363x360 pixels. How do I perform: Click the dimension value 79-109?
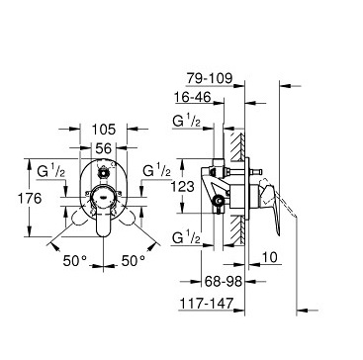[x=210, y=78]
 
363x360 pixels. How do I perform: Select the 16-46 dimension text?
[x=193, y=97]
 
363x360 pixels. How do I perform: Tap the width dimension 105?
[x=104, y=130]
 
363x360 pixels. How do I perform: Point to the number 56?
[x=104, y=148]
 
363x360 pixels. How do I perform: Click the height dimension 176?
[x=30, y=199]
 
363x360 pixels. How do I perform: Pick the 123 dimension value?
[x=183, y=187]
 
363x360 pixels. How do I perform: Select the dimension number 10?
[x=270, y=257]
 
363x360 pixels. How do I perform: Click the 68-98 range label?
[x=224, y=281]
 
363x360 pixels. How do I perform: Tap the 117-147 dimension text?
[x=206, y=303]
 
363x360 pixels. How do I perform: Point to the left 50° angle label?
[x=75, y=261]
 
